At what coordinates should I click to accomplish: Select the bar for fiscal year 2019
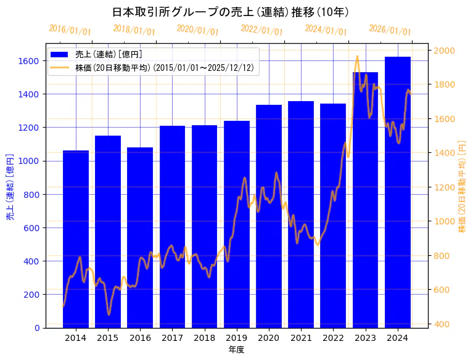click(x=237, y=224)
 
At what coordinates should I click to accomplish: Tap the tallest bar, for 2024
click(x=398, y=192)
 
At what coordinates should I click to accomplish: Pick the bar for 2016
click(x=140, y=237)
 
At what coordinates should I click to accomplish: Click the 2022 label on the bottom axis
click(x=333, y=338)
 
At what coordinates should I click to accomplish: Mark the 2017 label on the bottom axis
click(x=172, y=338)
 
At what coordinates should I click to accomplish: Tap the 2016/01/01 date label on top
click(x=70, y=30)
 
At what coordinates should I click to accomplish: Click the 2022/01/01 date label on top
click(x=262, y=30)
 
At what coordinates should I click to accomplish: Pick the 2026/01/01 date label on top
click(x=390, y=30)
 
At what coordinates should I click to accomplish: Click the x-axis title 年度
click(x=236, y=350)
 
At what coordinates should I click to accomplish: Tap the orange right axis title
click(x=462, y=186)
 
